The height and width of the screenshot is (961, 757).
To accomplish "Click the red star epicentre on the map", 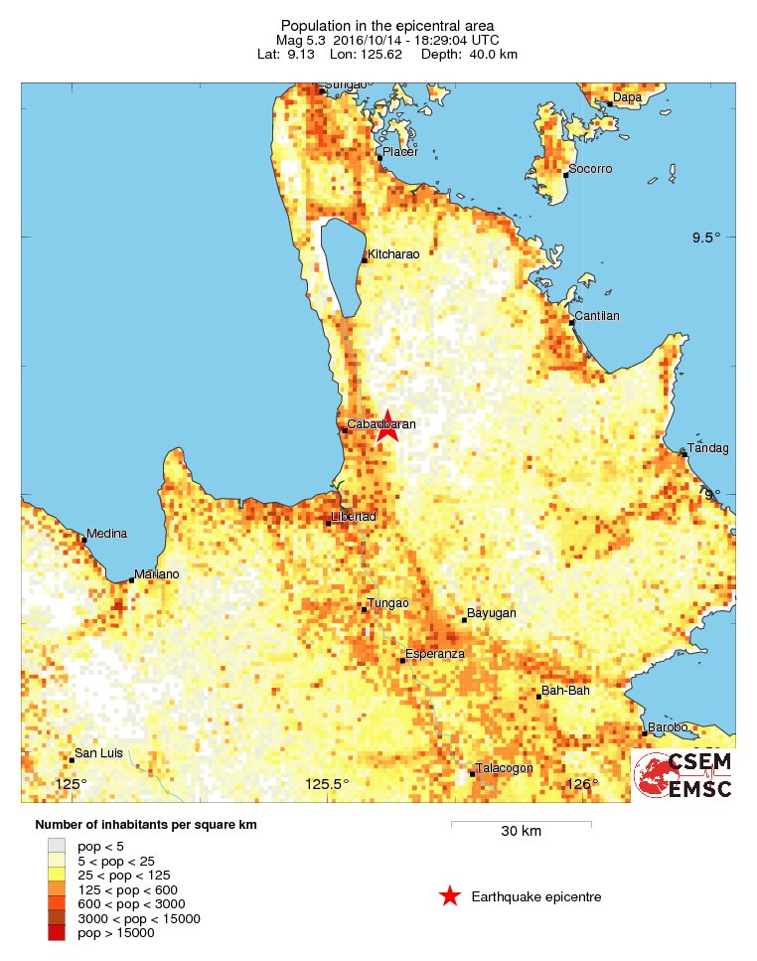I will pos(386,427).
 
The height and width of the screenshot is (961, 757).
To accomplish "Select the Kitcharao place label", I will pos(393,255).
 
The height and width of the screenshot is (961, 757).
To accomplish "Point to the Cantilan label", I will pos(597,317).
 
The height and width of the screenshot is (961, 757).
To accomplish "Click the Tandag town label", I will pos(709,449).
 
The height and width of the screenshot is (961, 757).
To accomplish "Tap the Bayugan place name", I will pos(492,614).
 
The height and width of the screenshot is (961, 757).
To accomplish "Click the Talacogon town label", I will pos(504,768).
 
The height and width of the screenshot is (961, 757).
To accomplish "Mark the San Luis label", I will pos(99,753).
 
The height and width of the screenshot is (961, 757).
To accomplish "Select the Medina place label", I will pos(107,534).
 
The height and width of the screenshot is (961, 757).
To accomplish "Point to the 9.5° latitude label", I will pos(706,238).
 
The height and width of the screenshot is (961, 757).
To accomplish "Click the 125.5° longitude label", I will pos(327,785).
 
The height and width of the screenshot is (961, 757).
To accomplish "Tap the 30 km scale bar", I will pos(521,824).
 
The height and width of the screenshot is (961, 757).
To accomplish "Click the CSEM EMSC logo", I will pos(684,775).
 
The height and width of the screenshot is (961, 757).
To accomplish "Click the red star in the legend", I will pos(450,897).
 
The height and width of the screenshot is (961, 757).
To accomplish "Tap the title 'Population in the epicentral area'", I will pos(387,25).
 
